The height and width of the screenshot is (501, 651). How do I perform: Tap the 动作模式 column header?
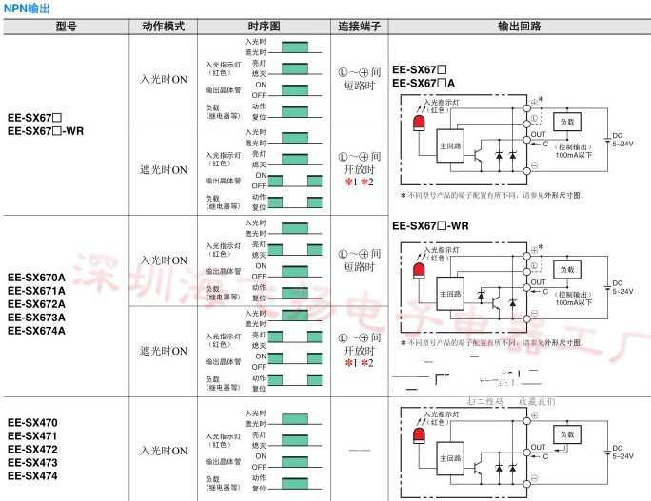click(163, 27)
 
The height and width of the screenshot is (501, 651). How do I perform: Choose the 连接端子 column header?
click(360, 27)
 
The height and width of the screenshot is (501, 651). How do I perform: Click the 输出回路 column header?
click(518, 27)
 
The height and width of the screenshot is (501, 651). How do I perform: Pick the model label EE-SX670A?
click(36, 278)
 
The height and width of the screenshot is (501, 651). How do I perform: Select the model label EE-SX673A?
click(36, 318)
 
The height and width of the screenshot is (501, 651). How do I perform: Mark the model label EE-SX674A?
click(36, 331)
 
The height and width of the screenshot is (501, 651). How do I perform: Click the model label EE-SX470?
click(32, 422)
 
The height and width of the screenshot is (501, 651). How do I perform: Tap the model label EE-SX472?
click(32, 449)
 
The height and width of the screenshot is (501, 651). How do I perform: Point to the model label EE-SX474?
click(32, 475)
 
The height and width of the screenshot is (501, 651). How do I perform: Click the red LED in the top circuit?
click(418, 125)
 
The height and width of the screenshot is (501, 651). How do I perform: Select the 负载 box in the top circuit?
click(567, 122)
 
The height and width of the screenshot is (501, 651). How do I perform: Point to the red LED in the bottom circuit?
click(418, 435)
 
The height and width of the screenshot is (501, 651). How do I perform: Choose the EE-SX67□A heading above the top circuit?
click(430, 84)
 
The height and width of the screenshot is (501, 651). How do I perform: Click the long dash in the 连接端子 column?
click(360, 448)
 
